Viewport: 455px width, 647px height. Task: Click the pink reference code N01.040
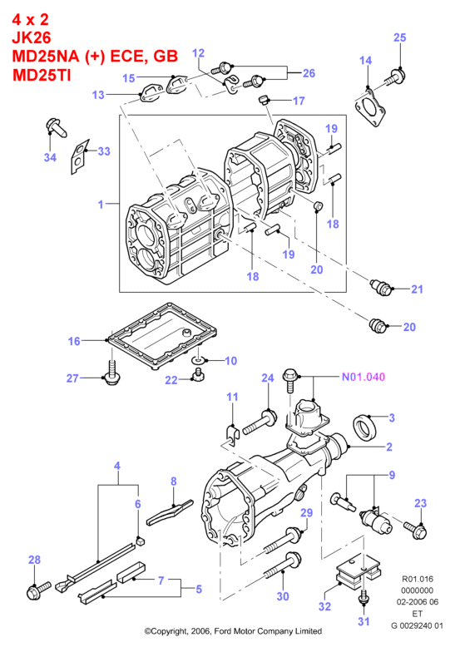(364, 377)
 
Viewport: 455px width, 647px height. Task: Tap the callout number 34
(50, 157)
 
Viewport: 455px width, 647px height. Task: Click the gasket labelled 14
(370, 106)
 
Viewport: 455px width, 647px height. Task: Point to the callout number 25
(399, 37)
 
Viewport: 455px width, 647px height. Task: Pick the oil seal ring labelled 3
(364, 427)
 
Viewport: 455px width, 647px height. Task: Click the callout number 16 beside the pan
(74, 341)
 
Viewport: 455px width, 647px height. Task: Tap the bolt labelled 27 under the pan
(111, 373)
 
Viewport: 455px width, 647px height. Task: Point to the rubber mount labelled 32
(358, 570)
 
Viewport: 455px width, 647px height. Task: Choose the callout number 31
(364, 621)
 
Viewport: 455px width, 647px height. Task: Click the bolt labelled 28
(39, 590)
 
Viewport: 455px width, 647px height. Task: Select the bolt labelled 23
(415, 531)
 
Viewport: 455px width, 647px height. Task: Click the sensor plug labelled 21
(381, 287)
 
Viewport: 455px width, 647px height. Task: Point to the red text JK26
(32, 37)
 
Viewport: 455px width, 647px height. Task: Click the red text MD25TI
(42, 75)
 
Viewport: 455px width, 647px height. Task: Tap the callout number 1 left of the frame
(101, 204)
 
